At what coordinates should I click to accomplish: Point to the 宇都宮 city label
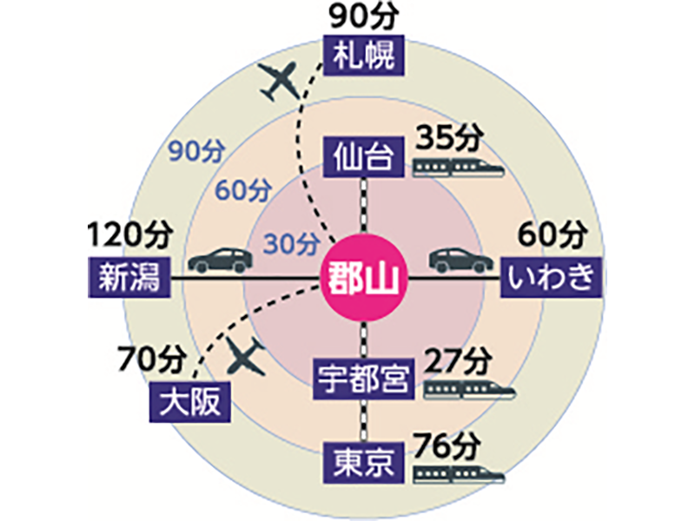(x=361, y=379)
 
